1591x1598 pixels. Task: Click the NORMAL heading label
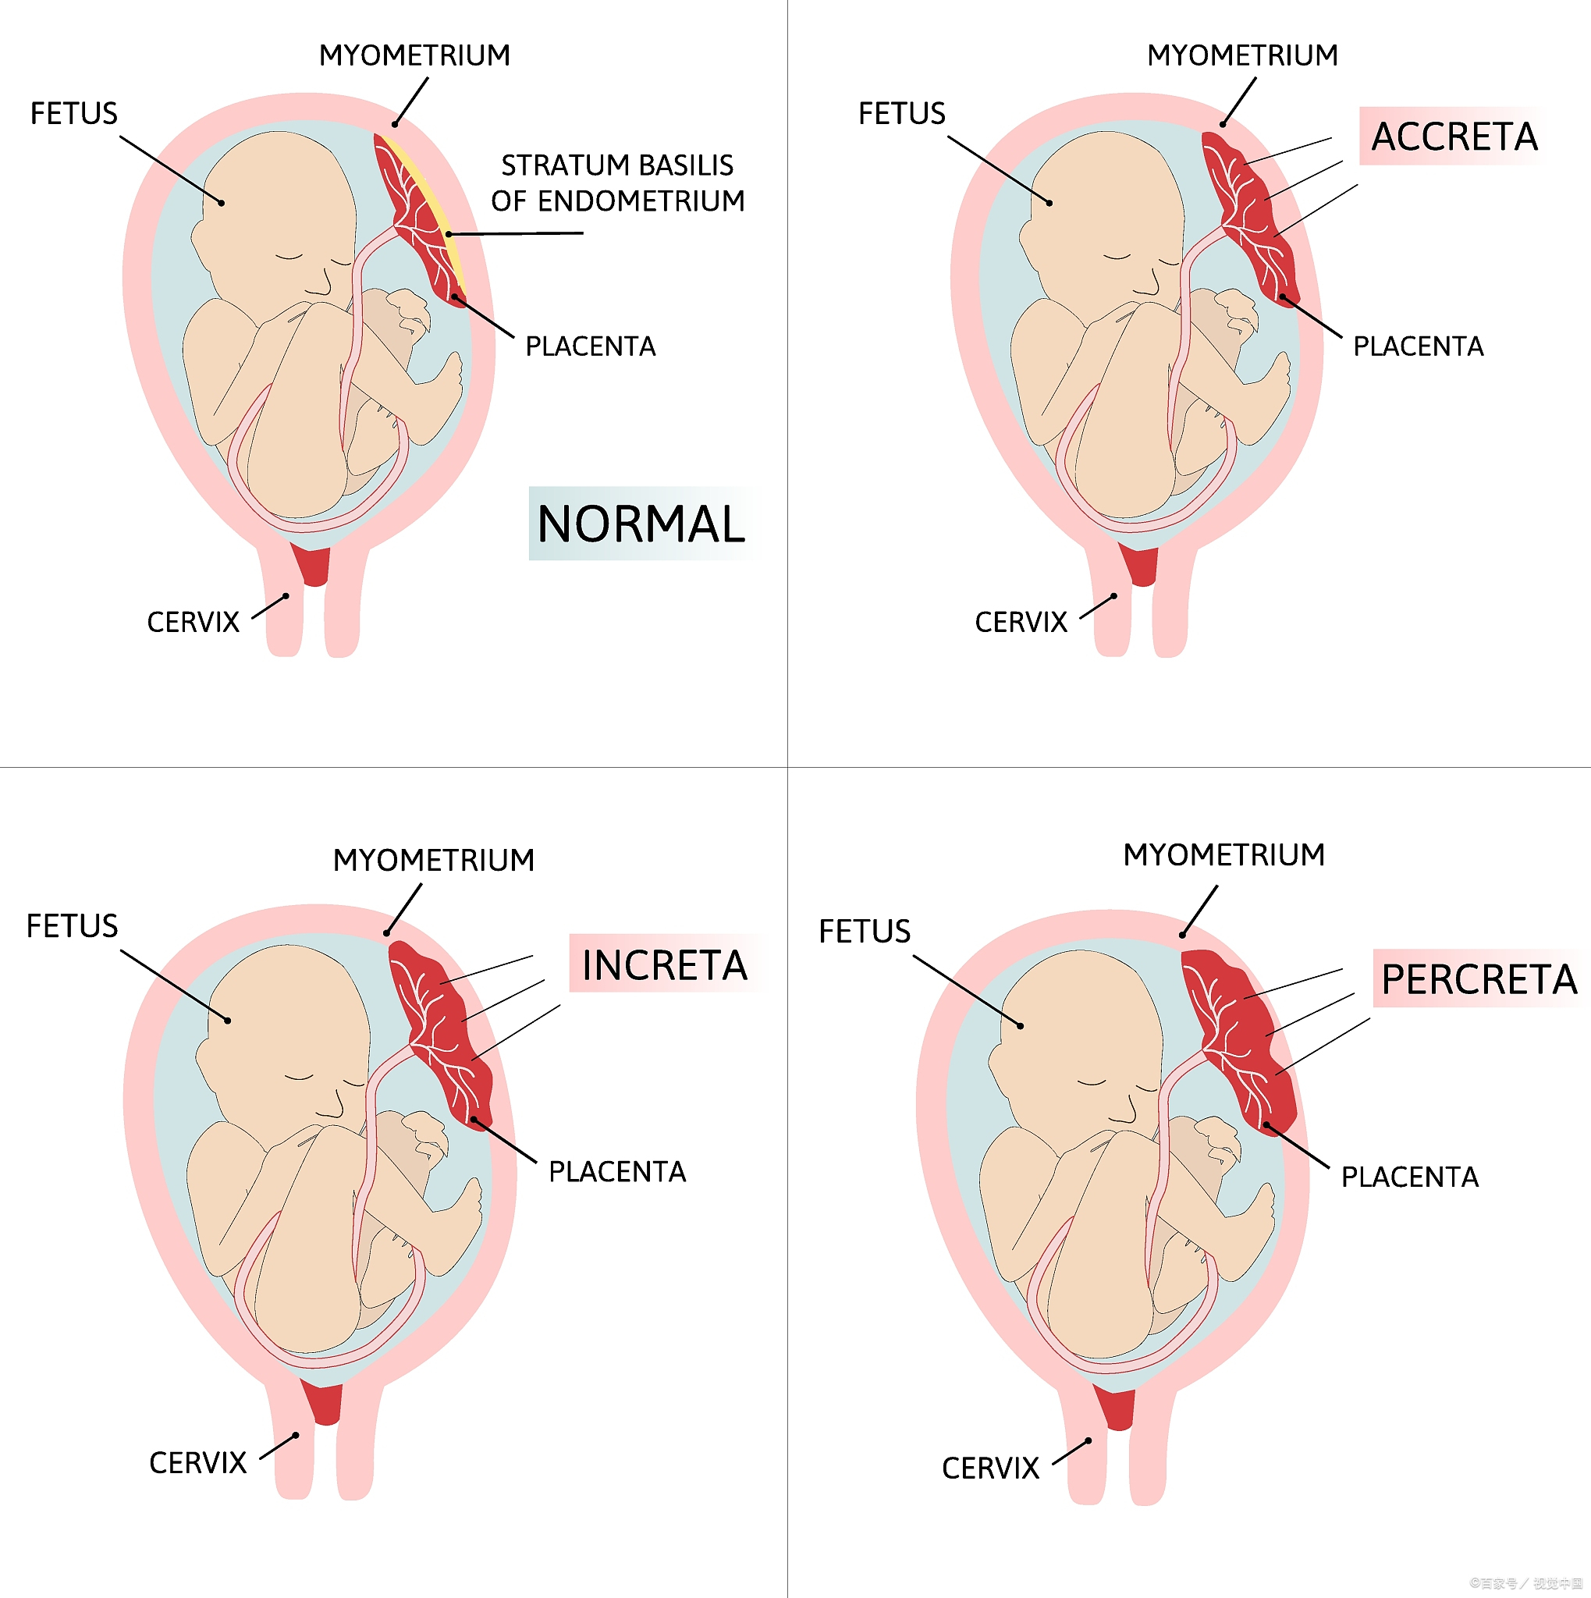pyautogui.click(x=641, y=524)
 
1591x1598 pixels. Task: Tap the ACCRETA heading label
pyautogui.click(x=1454, y=137)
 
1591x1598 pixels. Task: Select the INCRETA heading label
pyautogui.click(x=664, y=965)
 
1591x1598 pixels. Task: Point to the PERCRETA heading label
pyautogui.click(x=1479, y=979)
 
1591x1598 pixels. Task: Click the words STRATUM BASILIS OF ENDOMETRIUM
pyautogui.click(x=617, y=183)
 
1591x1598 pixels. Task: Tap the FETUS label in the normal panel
pyautogui.click(x=73, y=113)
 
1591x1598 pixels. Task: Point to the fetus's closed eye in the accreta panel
pyautogui.click(x=1117, y=257)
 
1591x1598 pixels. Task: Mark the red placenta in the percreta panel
pyautogui.click(x=1241, y=1042)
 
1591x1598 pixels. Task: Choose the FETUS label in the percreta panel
pyautogui.click(x=864, y=932)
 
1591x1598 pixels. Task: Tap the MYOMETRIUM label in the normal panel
pyautogui.click(x=414, y=55)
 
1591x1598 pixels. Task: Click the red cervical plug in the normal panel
pyautogui.click(x=313, y=564)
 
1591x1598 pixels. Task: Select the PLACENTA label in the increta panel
pyautogui.click(x=617, y=1172)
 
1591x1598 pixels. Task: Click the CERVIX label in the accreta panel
pyautogui.click(x=1021, y=622)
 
